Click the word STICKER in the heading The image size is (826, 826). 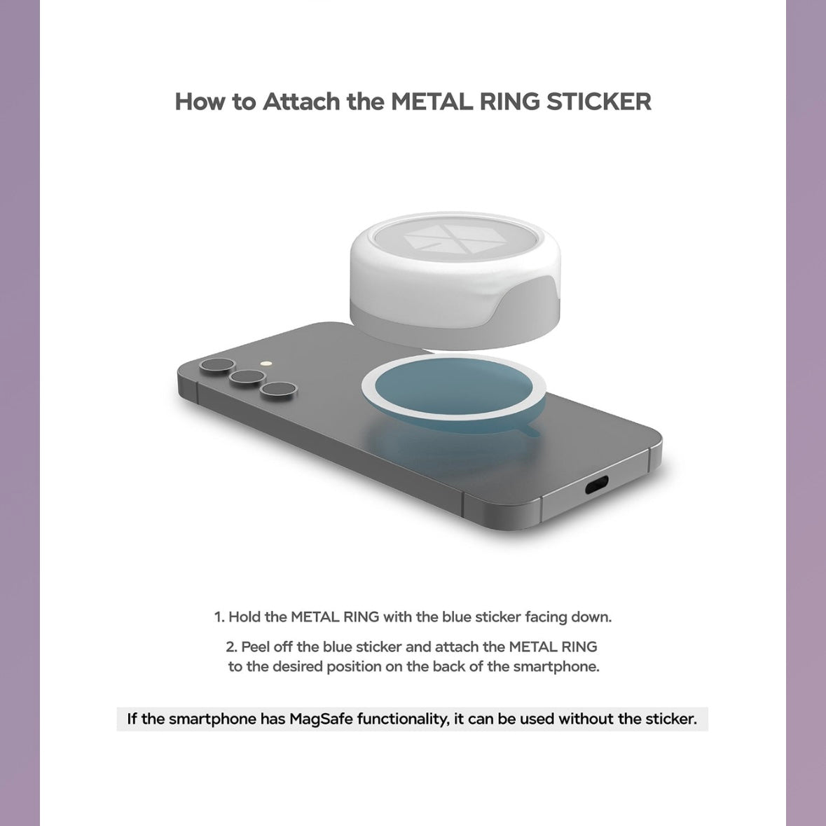tap(598, 101)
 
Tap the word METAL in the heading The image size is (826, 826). tap(432, 101)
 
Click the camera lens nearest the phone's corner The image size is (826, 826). tap(217, 365)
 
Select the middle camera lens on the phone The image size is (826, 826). tap(247, 377)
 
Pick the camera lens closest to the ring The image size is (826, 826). tap(279, 390)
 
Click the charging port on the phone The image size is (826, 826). tap(596, 484)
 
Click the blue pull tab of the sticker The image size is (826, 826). tap(528, 430)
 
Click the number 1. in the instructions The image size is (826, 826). tap(219, 617)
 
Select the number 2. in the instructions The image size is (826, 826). tap(231, 647)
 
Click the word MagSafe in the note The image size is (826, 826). tap(322, 719)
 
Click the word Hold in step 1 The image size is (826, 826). tap(245, 617)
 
